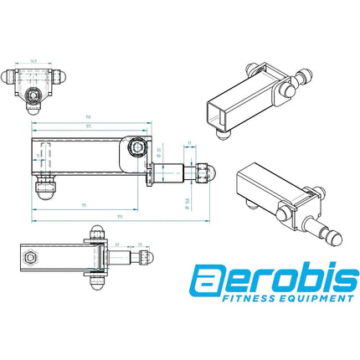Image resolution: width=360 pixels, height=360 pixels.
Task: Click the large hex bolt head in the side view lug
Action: [x=136, y=149]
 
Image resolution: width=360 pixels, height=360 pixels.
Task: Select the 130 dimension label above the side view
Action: [x=86, y=118]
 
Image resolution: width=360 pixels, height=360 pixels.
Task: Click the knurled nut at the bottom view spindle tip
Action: [x=143, y=257]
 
